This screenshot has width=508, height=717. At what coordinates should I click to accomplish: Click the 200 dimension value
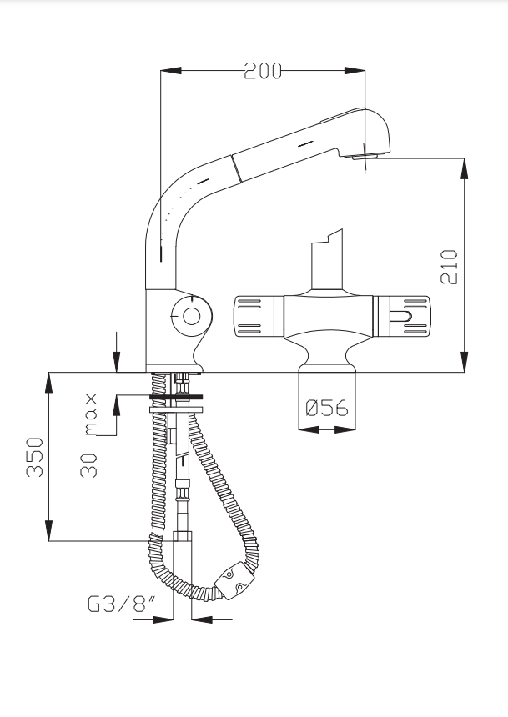(x=263, y=71)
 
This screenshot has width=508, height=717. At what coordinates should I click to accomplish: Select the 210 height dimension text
(x=450, y=267)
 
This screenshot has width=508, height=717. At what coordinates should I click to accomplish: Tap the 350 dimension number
(x=35, y=457)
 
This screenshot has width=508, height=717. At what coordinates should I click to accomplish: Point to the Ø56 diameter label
(x=327, y=408)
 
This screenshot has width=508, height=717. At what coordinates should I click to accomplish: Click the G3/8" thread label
(x=121, y=604)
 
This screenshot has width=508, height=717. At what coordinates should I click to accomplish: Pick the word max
(x=91, y=414)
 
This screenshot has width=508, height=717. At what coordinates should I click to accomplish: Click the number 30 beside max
(x=88, y=465)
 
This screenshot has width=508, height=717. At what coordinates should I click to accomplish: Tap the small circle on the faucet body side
(x=191, y=316)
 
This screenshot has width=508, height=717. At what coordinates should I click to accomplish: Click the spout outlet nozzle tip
(x=365, y=157)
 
